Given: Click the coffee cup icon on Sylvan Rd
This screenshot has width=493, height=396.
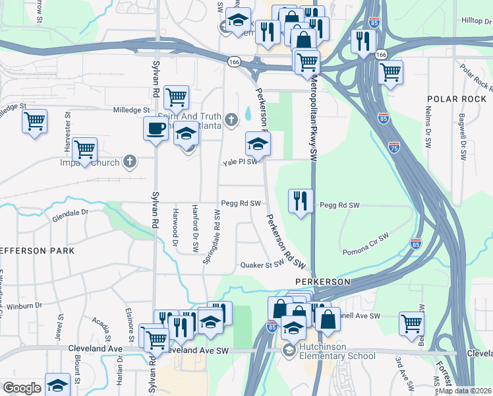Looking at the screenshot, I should [x=156, y=128].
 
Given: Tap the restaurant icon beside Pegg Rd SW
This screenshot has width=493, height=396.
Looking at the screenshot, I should [x=301, y=201].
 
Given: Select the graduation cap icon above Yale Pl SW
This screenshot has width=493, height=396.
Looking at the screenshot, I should [x=258, y=145].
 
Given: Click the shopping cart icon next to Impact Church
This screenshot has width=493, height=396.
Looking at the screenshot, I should [x=85, y=150].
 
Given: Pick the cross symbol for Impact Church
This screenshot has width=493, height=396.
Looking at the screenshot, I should [x=130, y=162].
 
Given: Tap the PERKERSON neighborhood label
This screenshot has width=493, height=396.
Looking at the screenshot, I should [x=321, y=282].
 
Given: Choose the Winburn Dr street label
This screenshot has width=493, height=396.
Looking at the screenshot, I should [x=24, y=306].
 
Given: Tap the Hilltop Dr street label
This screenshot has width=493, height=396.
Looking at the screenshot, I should [x=477, y=20].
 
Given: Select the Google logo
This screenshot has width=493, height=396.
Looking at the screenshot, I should [x=22, y=388].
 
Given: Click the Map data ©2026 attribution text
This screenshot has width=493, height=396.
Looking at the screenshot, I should [x=464, y=391].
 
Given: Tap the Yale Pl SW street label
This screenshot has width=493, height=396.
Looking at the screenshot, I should [x=239, y=162].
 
